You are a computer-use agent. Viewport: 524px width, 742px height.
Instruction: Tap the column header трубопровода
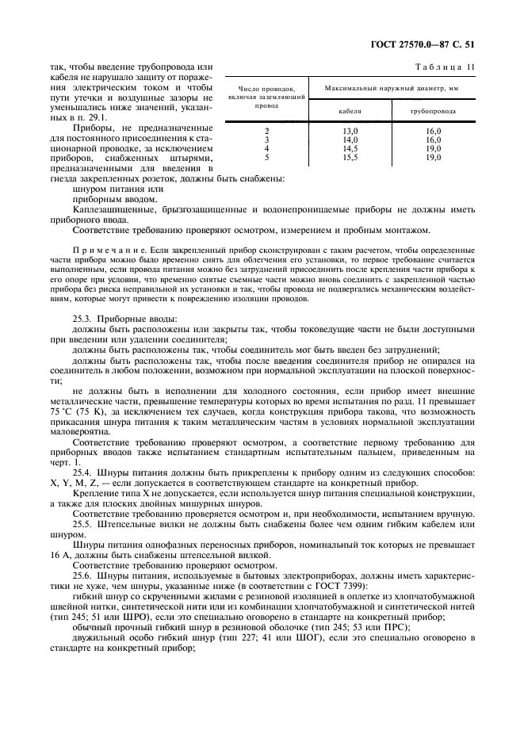pos(433,112)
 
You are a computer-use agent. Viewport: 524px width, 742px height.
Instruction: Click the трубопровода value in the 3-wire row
pos(433,140)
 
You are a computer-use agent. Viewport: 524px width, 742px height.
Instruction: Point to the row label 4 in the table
pos(267,148)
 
